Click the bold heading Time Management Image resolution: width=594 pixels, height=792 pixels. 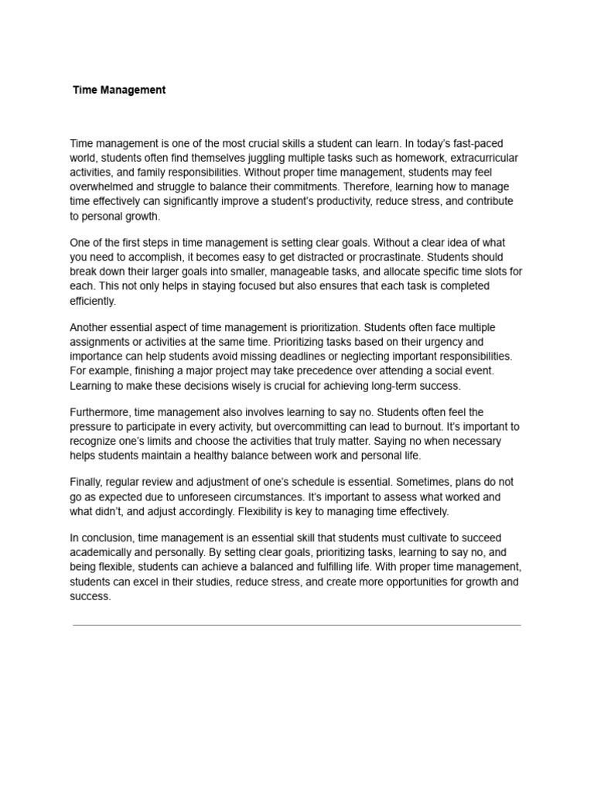click(119, 90)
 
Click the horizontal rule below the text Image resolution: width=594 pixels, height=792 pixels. click(297, 625)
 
